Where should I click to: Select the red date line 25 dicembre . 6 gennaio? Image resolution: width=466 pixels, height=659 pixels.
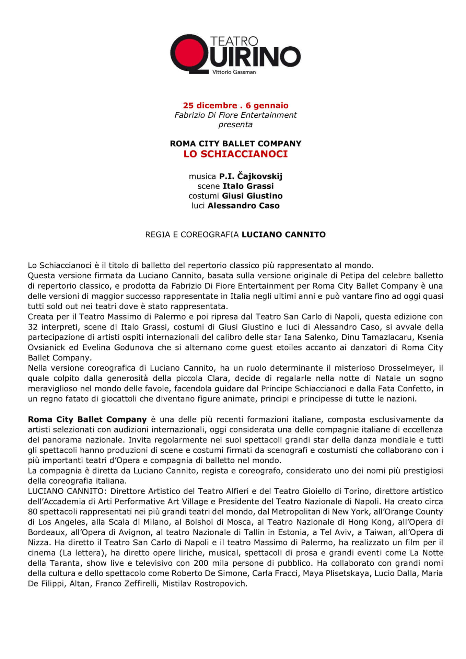click(x=235, y=105)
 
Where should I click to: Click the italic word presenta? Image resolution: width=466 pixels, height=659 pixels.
click(x=235, y=125)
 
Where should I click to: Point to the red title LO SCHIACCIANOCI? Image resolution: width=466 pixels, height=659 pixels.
click(x=235, y=154)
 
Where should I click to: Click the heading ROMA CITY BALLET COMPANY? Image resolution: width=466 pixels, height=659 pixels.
click(x=235, y=143)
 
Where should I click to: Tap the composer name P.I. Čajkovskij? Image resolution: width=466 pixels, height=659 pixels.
click(x=251, y=176)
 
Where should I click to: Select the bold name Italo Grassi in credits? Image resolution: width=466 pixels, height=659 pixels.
click(x=248, y=186)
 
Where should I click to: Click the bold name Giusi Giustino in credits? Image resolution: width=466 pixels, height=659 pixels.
click(x=252, y=196)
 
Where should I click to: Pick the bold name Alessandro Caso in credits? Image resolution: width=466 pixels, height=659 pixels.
click(x=244, y=206)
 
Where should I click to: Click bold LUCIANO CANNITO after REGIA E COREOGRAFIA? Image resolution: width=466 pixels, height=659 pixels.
click(x=283, y=235)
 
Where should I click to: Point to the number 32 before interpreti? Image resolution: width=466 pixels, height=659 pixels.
click(x=33, y=327)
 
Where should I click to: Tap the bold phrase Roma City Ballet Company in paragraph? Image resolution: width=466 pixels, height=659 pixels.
click(x=87, y=419)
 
